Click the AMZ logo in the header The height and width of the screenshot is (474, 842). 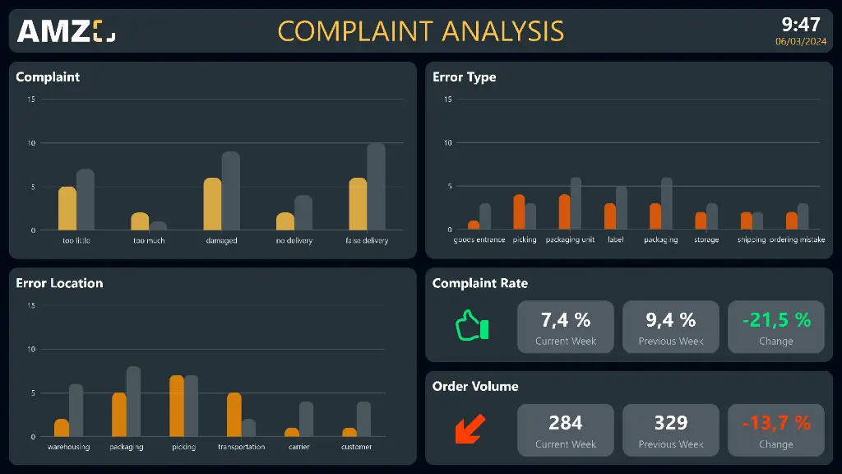66,31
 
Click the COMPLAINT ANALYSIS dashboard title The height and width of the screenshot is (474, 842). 420,31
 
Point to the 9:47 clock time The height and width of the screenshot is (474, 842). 800,24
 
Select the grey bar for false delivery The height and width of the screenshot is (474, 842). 376,187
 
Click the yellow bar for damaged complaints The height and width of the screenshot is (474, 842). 212,204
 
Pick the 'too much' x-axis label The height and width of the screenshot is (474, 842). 149,240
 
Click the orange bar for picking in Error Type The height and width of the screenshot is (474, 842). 519,212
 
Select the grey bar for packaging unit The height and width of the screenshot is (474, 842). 576,204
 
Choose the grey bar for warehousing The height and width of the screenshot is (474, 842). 76,410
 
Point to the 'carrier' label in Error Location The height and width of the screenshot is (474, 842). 299,447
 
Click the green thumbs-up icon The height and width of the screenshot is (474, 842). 472,325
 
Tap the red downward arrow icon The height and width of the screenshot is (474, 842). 470,429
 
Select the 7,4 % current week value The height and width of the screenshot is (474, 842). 566,320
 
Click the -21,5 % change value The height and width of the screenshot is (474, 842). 776,320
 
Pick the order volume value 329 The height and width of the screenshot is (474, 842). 671,423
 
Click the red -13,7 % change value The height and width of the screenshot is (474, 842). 776,423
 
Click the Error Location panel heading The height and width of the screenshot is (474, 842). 59,283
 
